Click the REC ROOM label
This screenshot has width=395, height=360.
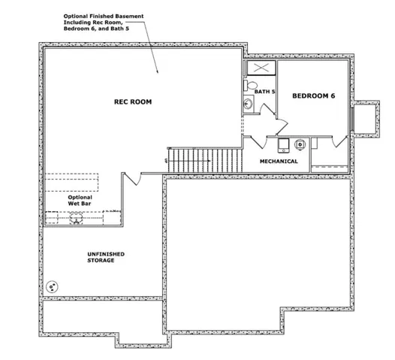pos(133,102)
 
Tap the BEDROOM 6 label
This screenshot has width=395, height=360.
pos(314,95)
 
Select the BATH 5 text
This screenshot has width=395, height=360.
pos(264,92)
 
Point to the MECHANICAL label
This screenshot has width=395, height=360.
pos(279,162)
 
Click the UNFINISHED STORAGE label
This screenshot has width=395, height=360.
pos(106,257)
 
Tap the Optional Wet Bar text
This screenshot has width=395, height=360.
pos(80,201)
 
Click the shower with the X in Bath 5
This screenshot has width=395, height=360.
pos(261,68)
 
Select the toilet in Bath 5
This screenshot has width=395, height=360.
pos(250,85)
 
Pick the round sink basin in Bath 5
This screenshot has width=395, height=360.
pos(248,104)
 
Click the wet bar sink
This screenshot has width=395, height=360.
pos(76,217)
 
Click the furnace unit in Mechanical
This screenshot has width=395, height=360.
pos(284,146)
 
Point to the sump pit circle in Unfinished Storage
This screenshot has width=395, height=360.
pos(52,287)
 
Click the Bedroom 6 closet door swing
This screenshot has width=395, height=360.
pos(340,142)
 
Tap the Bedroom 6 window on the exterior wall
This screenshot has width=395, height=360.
pos(353,119)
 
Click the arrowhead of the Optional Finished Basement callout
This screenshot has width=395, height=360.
pos(158,71)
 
